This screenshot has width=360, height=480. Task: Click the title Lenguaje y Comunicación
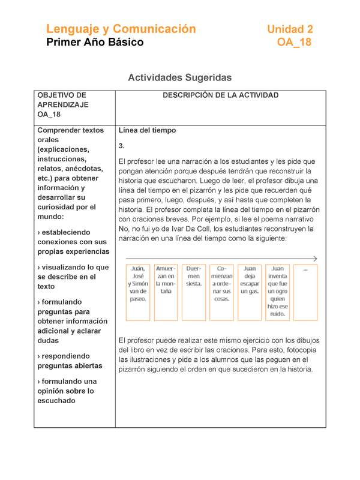pyautogui.click(x=121, y=29)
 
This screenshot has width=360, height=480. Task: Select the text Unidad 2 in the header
pyautogui.click(x=290, y=29)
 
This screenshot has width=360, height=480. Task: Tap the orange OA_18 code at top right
pyautogui.click(x=294, y=43)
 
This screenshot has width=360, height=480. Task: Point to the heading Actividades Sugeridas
pyautogui.click(x=179, y=77)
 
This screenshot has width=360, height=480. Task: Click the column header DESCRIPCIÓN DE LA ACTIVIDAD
pyautogui.click(x=220, y=95)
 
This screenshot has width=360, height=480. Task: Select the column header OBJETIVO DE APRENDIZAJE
pyautogui.click(x=62, y=104)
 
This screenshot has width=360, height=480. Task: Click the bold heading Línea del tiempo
pyautogui.click(x=147, y=130)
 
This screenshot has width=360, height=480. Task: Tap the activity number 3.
pyautogui.click(x=122, y=146)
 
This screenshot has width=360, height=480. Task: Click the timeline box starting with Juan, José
pyautogui.click(x=138, y=292)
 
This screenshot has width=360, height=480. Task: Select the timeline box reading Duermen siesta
pyautogui.click(x=194, y=292)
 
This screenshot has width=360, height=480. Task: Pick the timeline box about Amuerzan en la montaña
pyautogui.click(x=166, y=292)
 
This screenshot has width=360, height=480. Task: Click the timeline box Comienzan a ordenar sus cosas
pyautogui.click(x=221, y=292)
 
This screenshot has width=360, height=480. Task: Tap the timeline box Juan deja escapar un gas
pyautogui.click(x=250, y=292)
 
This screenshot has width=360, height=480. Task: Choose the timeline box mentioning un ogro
pyautogui.click(x=277, y=292)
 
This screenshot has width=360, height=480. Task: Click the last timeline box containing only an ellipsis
pyautogui.click(x=305, y=292)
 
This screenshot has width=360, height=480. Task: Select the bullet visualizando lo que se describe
pyautogui.click(x=73, y=277)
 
